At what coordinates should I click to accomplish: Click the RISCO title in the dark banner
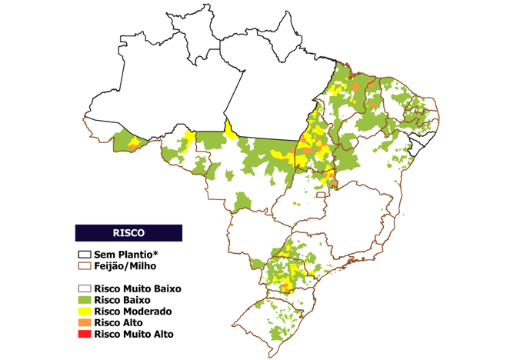pos(128,232)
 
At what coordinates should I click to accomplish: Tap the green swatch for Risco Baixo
pos(83,300)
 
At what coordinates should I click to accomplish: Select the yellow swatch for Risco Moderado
pos(83,312)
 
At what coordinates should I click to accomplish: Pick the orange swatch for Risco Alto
pos(83,323)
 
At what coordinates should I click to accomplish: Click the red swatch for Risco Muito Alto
pos(83,335)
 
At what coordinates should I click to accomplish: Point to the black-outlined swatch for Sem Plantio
pos(83,254)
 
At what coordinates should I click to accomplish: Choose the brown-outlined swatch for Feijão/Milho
pos(83,265)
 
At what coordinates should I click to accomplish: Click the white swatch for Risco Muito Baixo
pos(83,288)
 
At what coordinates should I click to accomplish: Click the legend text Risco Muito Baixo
pos(137,288)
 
